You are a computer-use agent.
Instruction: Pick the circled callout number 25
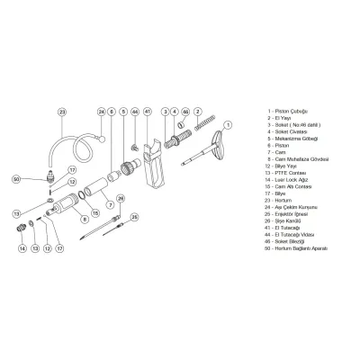coord(135,217)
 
